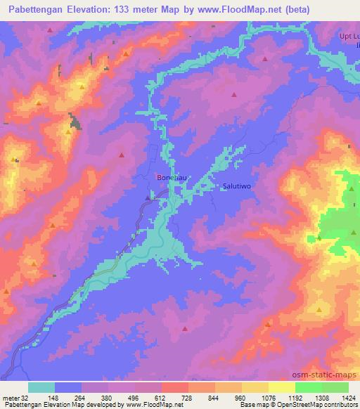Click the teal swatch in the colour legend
pos(41,387)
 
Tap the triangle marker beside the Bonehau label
pos(147,197)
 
